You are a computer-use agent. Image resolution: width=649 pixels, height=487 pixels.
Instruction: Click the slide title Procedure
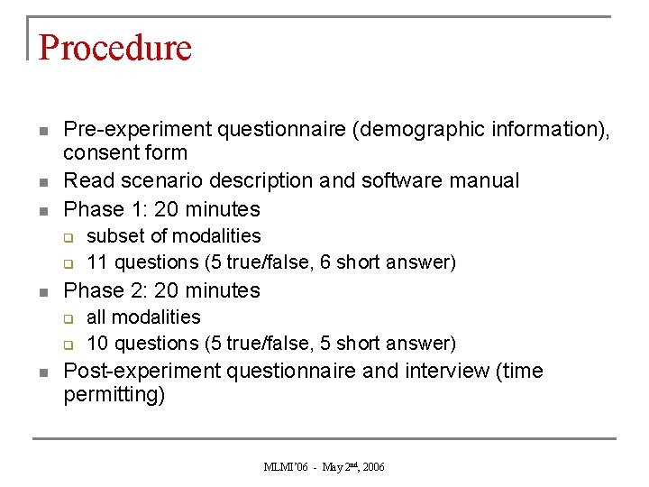(115, 47)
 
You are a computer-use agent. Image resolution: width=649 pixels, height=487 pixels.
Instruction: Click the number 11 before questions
(97, 262)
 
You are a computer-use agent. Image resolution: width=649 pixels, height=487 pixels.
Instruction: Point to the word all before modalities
(96, 317)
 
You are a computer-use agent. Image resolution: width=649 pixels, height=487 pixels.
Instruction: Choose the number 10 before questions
(98, 344)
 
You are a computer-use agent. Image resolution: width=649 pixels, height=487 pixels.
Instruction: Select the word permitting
(114, 395)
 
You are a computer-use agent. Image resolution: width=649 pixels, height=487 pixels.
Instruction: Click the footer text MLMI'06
(285, 467)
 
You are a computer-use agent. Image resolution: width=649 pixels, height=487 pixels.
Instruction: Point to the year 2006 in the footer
(374, 467)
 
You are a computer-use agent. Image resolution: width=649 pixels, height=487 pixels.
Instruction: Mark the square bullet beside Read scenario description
(43, 182)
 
